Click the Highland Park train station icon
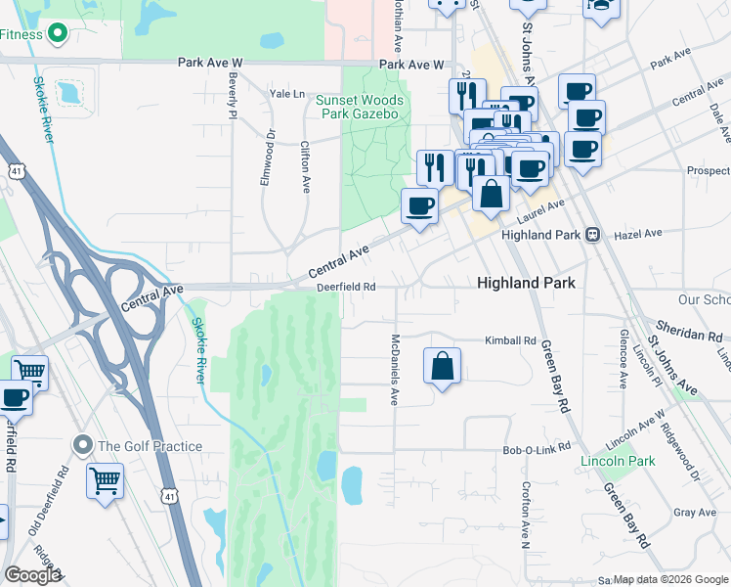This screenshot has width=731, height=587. [591, 235]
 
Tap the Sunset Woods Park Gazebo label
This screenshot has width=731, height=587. [358, 107]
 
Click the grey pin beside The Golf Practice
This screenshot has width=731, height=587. [82, 446]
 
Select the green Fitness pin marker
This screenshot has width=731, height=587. [58, 34]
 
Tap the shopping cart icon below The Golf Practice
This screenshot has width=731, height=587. [105, 480]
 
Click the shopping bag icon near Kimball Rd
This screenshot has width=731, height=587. [443, 366]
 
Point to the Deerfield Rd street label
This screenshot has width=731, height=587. [346, 287]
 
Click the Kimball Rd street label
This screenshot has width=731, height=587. [511, 340]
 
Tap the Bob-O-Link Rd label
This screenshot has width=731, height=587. [536, 450]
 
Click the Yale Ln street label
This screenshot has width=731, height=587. [287, 94]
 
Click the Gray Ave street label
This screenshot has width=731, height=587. [695, 513]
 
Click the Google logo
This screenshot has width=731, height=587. [32, 575]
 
